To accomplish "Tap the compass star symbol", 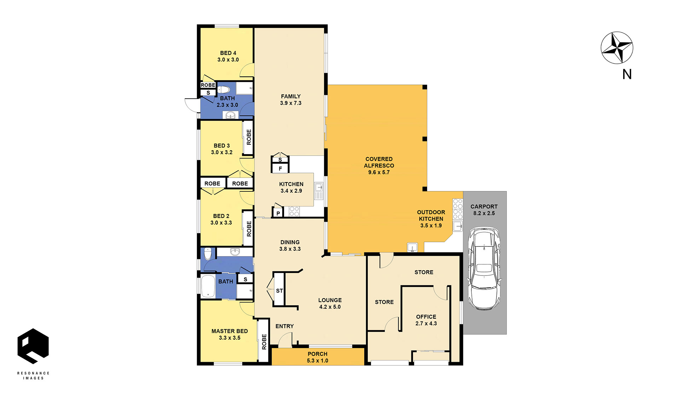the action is click(617, 48).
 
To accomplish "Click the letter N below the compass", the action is click(627, 74).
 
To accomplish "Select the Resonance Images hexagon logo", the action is click(33, 346).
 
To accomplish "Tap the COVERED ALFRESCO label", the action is click(379, 166).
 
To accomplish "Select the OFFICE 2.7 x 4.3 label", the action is click(426, 320).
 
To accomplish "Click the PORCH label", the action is click(318, 354).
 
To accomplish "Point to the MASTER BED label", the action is click(230, 331).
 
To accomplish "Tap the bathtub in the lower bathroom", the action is click(208, 286).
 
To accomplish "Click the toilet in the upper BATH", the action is click(224, 89).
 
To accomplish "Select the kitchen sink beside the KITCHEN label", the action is click(319, 191).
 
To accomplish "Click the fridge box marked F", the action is click(280, 168).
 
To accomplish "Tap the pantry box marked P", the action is click(278, 213).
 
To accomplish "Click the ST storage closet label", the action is click(279, 291).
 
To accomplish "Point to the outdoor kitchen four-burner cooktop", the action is click(458, 209).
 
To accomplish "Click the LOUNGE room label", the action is click(330, 300).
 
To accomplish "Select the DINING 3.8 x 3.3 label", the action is click(290, 245).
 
